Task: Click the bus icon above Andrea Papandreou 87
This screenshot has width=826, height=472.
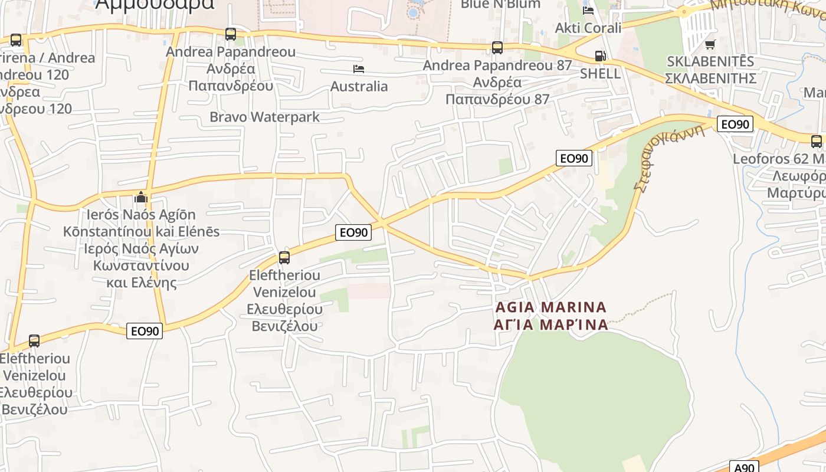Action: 497,48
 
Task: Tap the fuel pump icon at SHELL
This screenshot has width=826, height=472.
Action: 600,56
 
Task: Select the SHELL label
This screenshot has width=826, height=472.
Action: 600,73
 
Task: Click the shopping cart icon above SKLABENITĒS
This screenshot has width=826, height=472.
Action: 710,44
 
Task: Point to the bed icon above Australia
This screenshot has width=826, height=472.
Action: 358,70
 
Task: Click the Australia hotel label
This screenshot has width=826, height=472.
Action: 359,87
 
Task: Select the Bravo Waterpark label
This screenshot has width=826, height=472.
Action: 264,117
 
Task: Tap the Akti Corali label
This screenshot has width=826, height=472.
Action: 588,28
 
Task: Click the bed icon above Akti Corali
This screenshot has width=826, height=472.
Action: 588,10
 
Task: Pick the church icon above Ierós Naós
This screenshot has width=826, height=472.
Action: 140,197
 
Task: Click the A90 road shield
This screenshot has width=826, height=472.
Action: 744,467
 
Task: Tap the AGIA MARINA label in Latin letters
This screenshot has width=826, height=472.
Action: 551,307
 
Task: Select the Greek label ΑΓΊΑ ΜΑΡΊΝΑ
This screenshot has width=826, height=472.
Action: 551,324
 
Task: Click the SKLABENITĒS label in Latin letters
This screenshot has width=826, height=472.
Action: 710,61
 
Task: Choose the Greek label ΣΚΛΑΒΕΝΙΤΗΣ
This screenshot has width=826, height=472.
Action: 710,78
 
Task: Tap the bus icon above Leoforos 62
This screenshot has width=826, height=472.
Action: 816,142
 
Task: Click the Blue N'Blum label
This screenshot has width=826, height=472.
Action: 500,5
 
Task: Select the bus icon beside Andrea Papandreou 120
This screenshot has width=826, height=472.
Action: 16,40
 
